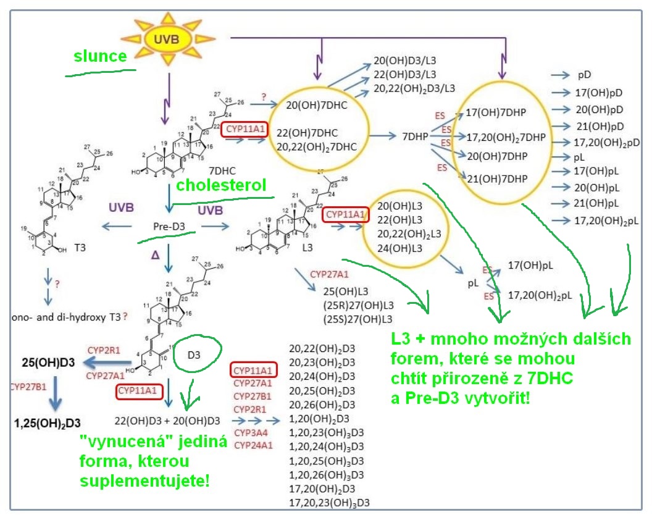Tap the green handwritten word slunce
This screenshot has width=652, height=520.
point(100,56)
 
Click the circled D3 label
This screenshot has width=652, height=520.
point(194,355)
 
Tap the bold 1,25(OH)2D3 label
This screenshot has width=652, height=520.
point(48,422)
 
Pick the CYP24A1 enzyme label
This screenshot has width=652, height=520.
point(253,445)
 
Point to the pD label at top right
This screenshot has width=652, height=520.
point(585,75)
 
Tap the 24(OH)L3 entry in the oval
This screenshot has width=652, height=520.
point(399,248)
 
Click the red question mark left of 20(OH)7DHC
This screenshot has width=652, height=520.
point(263,97)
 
